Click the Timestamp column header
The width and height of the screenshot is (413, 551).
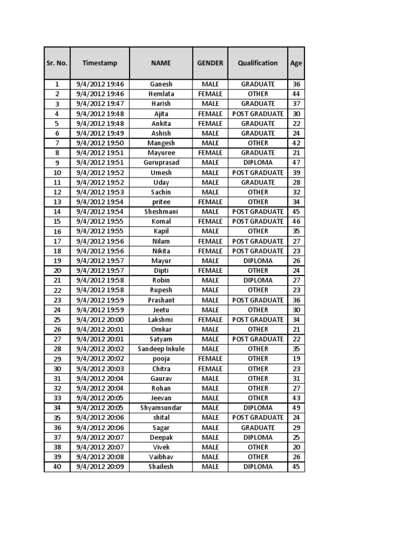pyautogui.click(x=99, y=63)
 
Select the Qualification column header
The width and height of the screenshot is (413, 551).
pyautogui.click(x=258, y=63)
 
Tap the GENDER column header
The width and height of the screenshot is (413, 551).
pyautogui.click(x=210, y=63)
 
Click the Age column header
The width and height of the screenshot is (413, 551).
pyautogui.click(x=296, y=63)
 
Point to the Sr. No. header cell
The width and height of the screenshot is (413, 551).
pyautogui.click(x=56, y=63)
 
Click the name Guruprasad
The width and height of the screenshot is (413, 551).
pyautogui.click(x=161, y=163)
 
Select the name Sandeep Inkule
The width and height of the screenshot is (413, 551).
pyautogui.click(x=161, y=349)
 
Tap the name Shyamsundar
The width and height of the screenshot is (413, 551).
pyautogui.click(x=161, y=408)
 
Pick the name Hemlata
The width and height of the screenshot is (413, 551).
pyautogui.click(x=161, y=94)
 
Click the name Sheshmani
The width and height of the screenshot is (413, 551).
pyautogui.click(x=161, y=211)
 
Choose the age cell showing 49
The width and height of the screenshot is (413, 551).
pyautogui.click(x=296, y=408)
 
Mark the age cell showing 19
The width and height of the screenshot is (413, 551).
pyautogui.click(x=296, y=358)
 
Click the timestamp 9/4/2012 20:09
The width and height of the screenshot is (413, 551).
pyautogui.click(x=100, y=467)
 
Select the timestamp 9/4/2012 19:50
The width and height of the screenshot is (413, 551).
pyautogui.click(x=100, y=143)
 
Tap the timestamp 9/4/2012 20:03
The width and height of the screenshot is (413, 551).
pyautogui.click(x=100, y=369)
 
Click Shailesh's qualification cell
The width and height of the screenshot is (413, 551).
pyautogui.click(x=258, y=467)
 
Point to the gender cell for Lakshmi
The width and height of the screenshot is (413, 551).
pyautogui.click(x=210, y=320)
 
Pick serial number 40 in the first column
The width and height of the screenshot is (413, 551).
pyautogui.click(x=57, y=467)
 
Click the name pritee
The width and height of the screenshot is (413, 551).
pyautogui.click(x=161, y=202)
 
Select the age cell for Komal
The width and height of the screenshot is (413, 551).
pyautogui.click(x=296, y=221)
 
